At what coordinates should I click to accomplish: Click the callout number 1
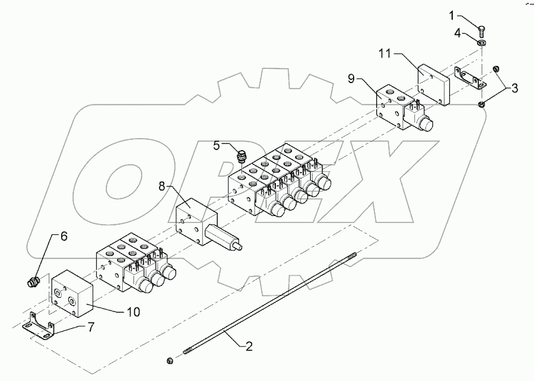click(x=452, y=15)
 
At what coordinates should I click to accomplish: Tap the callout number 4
click(x=457, y=34)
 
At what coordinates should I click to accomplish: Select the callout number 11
click(x=385, y=54)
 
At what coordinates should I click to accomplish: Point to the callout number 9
click(x=351, y=79)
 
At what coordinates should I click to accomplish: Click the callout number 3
click(x=514, y=88)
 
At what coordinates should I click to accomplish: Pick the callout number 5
click(x=217, y=145)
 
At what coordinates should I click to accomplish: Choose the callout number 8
click(x=162, y=186)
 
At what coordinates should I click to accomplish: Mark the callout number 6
click(x=64, y=236)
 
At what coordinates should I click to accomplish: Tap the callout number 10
click(x=133, y=312)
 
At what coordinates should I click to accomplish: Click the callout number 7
click(x=91, y=327)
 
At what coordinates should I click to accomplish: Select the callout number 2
click(x=249, y=347)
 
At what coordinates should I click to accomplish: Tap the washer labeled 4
click(x=482, y=43)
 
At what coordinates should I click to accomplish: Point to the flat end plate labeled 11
click(x=433, y=84)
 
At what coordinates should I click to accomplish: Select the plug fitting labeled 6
click(x=34, y=282)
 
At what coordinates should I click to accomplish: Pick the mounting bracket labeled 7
click(x=39, y=326)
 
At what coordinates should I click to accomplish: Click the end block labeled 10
click(x=72, y=294)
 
